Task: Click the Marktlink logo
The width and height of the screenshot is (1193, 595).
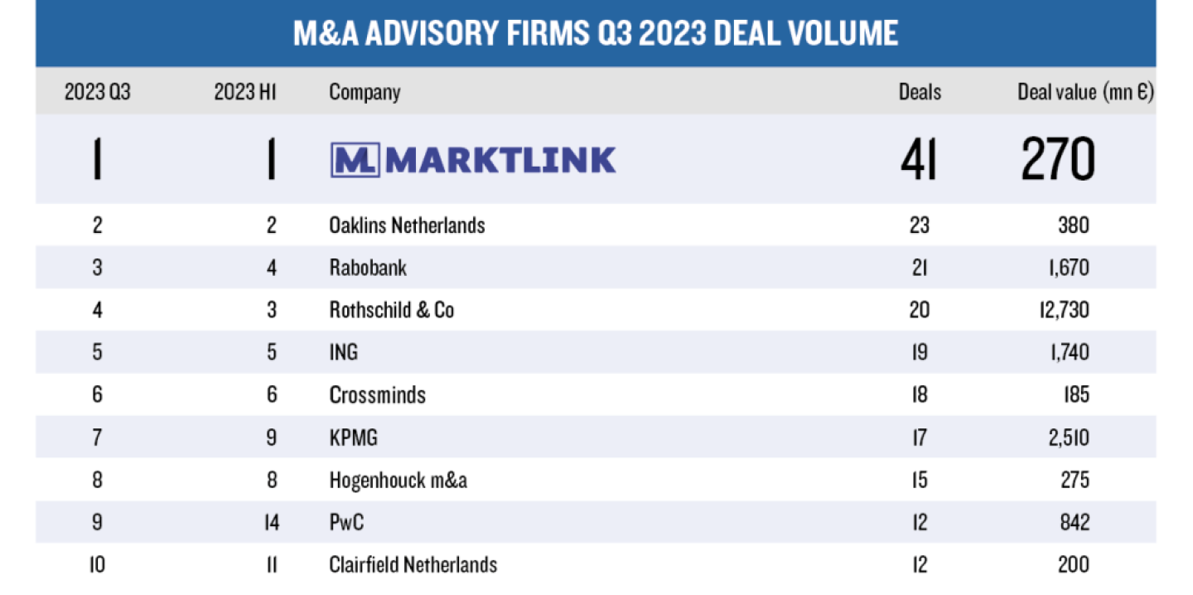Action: tap(473, 159)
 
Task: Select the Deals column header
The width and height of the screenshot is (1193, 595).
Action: tap(920, 92)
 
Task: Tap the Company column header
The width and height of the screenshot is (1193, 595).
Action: tap(365, 92)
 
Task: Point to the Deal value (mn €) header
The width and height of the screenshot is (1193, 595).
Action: tap(1085, 92)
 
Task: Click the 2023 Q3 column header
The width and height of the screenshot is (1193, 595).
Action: tap(98, 92)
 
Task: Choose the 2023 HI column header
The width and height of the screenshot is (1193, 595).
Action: tap(245, 92)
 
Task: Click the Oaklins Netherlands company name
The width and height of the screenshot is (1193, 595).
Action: tap(407, 225)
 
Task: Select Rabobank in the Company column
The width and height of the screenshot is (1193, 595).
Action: tap(368, 268)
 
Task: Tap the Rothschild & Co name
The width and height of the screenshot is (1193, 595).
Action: tap(392, 310)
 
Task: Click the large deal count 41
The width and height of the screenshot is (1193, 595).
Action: tap(919, 159)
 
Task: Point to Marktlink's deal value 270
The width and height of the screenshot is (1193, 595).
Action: tap(1058, 159)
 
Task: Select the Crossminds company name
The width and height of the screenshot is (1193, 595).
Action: tap(377, 395)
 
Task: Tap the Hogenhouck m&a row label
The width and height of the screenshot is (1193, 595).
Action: tap(398, 480)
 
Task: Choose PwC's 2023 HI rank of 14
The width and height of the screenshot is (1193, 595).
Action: tap(271, 523)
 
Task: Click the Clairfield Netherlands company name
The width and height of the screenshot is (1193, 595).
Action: tap(413, 565)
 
